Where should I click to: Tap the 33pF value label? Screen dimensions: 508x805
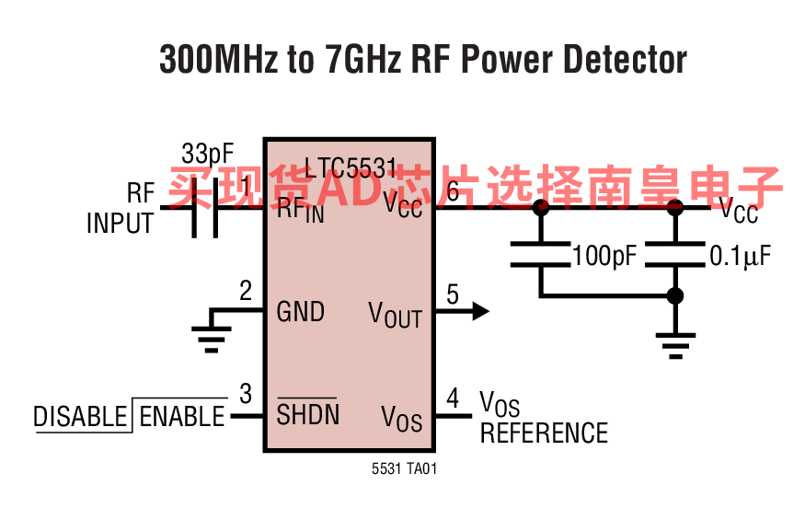click(x=208, y=153)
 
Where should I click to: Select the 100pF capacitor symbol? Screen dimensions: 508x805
click(x=541, y=254)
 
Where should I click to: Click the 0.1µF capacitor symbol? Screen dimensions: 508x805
click(x=675, y=254)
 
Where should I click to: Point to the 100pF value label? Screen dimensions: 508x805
click(x=604, y=256)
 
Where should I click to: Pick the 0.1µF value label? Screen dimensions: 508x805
click(x=739, y=256)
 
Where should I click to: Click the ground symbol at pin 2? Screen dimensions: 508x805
click(x=212, y=338)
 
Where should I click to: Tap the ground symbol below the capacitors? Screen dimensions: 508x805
click(x=675, y=344)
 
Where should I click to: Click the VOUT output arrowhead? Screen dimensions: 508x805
click(x=479, y=311)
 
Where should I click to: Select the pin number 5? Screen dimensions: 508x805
click(x=452, y=295)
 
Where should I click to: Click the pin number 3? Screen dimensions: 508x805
click(x=246, y=395)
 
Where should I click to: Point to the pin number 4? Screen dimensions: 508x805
click(x=452, y=398)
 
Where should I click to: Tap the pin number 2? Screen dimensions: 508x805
click(x=246, y=292)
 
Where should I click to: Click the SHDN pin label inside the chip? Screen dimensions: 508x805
click(x=307, y=414)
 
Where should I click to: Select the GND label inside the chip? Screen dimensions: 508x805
click(x=301, y=312)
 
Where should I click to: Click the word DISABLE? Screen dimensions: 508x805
click(x=80, y=417)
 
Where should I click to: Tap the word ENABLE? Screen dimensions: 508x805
click(x=181, y=417)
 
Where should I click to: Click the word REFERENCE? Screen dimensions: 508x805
click(x=544, y=433)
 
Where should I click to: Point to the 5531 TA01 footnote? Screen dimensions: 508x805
click(x=404, y=469)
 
